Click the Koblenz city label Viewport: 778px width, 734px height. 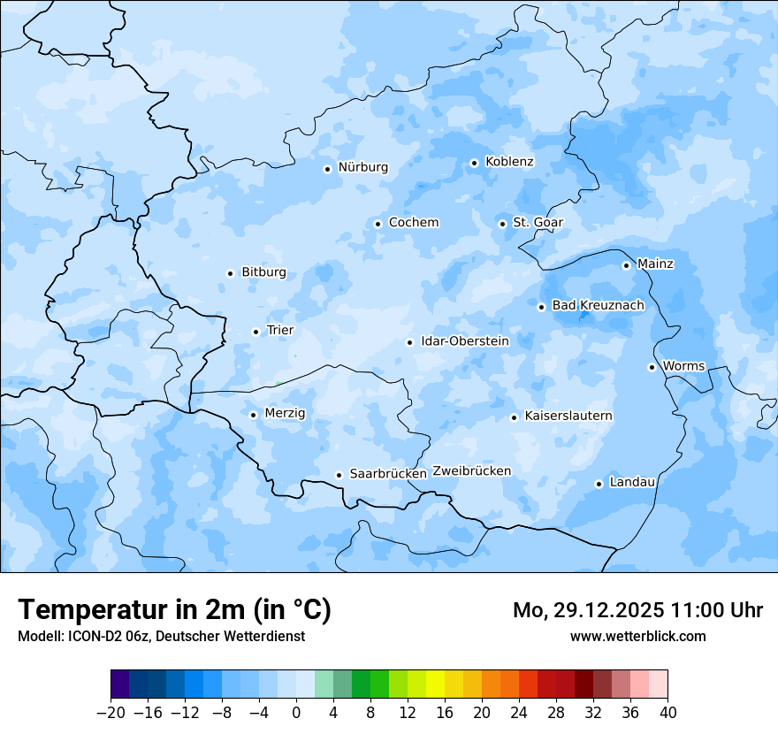pos(509,162)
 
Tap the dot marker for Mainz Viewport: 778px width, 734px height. pos(626,265)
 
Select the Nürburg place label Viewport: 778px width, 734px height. pos(363,167)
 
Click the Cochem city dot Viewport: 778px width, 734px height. pos(378,224)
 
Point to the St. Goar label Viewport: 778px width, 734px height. pos(538,223)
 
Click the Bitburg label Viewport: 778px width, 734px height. pos(263,272)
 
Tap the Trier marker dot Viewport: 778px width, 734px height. pos(256,332)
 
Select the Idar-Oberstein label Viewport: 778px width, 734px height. pos(464,341)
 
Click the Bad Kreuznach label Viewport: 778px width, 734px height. pos(598,306)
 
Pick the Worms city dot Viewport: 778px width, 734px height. pos(652,367)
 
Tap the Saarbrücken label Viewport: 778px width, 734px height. pos(388,474)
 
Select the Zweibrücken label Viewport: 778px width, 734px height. pos(471,471)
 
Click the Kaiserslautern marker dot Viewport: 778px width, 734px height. pos(514,417)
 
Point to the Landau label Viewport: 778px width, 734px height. pos(632,482)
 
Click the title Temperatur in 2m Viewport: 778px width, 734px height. pos(174,610)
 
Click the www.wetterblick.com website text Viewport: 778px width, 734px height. pos(637,636)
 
